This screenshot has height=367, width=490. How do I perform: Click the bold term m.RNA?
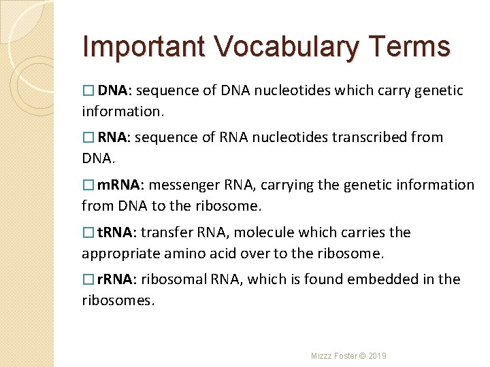point(119,185)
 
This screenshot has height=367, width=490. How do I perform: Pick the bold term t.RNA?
point(116,232)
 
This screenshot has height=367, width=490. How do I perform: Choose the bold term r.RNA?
point(116,279)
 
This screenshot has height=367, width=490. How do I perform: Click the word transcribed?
point(369,137)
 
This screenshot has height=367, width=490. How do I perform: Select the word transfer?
point(168,232)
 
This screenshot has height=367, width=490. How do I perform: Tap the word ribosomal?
point(171,279)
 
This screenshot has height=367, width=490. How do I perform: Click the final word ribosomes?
point(118,300)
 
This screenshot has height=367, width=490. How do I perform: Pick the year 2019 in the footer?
point(377,356)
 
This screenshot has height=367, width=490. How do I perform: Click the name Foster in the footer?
point(345,356)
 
